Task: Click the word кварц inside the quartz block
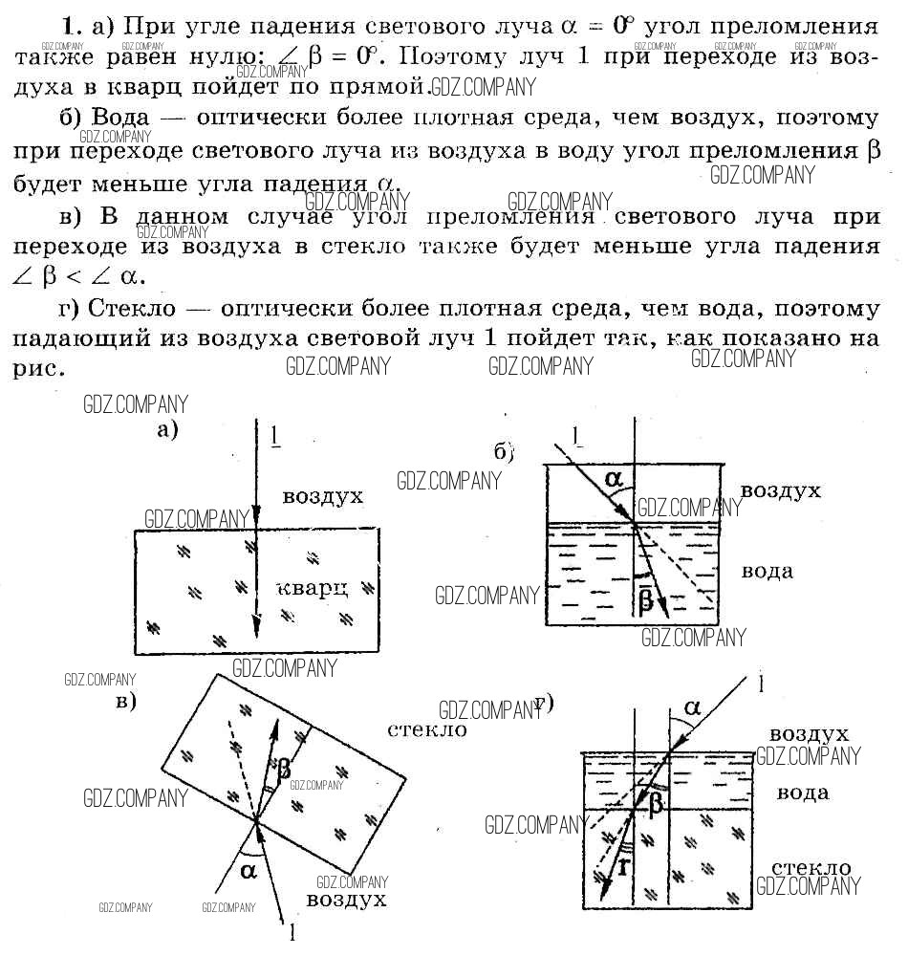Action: pyautogui.click(x=312, y=586)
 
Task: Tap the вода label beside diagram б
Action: pyautogui.click(x=767, y=571)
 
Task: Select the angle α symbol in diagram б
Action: pyautogui.click(x=613, y=474)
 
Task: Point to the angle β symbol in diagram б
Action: pyautogui.click(x=645, y=598)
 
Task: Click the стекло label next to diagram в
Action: pyautogui.click(x=427, y=729)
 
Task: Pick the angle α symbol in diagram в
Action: pyautogui.click(x=249, y=869)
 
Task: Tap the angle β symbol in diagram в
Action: pyautogui.click(x=284, y=767)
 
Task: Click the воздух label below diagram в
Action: pyautogui.click(x=346, y=900)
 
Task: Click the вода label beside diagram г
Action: pyautogui.click(x=802, y=793)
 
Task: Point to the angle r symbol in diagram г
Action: pyautogui.click(x=623, y=866)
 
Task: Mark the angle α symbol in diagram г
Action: pyautogui.click(x=692, y=707)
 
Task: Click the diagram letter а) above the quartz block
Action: pyautogui.click(x=168, y=429)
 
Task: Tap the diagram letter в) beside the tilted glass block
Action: pyautogui.click(x=125, y=701)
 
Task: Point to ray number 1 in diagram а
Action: pyautogui.click(x=275, y=436)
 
